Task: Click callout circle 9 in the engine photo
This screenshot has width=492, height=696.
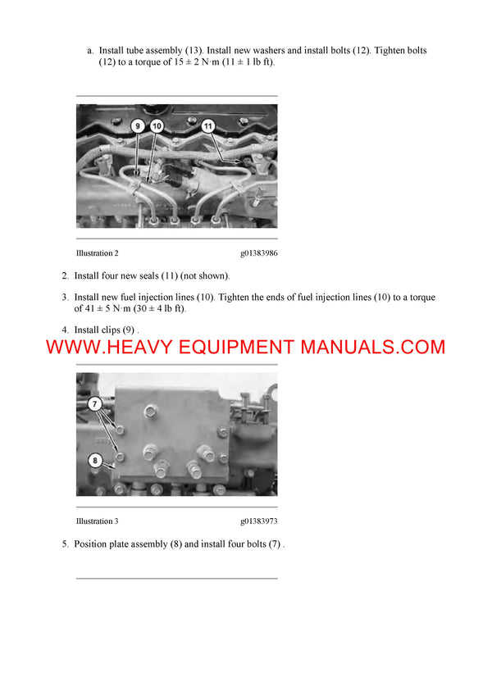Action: [138, 125]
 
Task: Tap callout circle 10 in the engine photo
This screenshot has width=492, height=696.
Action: [157, 125]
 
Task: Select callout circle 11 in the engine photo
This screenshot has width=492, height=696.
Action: [207, 125]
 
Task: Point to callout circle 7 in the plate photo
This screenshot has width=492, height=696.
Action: [95, 404]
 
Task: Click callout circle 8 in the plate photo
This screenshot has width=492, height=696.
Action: [95, 461]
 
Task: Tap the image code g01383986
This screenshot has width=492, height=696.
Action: [259, 253]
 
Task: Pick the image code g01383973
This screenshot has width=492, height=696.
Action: [259, 521]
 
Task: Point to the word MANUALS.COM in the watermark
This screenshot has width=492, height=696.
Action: [373, 347]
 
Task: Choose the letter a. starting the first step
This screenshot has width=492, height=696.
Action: [90, 51]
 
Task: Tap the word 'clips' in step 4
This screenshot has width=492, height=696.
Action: [117, 330]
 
